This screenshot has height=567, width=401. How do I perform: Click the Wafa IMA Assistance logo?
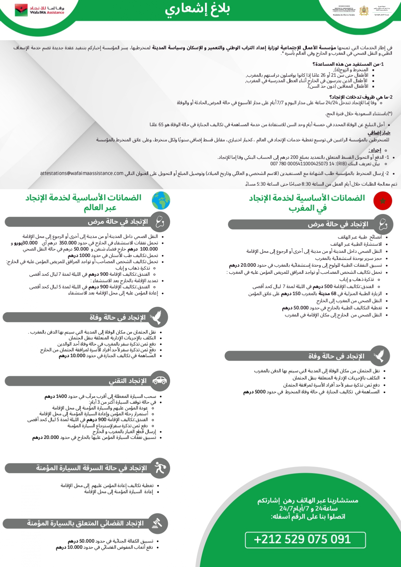[39, 10]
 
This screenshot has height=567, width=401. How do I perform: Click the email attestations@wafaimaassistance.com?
[82, 173]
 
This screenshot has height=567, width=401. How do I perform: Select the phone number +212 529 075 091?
[302, 539]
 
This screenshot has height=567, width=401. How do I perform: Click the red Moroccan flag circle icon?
[383, 201]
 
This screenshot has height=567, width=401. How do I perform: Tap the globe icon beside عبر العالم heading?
[161, 200]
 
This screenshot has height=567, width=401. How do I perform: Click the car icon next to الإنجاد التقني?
[159, 381]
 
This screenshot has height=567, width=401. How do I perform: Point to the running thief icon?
[159, 468]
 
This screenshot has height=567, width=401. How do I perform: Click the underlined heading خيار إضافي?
[379, 133]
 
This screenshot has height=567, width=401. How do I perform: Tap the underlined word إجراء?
[375, 150]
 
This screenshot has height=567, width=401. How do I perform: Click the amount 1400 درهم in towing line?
[56, 396]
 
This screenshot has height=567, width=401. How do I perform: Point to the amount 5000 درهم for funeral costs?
[254, 392]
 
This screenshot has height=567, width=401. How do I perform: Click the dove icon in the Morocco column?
[379, 356]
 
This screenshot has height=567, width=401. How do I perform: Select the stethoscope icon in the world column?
[159, 222]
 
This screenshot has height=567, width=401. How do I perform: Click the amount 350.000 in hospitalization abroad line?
[68, 243]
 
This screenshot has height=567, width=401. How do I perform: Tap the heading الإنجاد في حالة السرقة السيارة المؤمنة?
[91, 468]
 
